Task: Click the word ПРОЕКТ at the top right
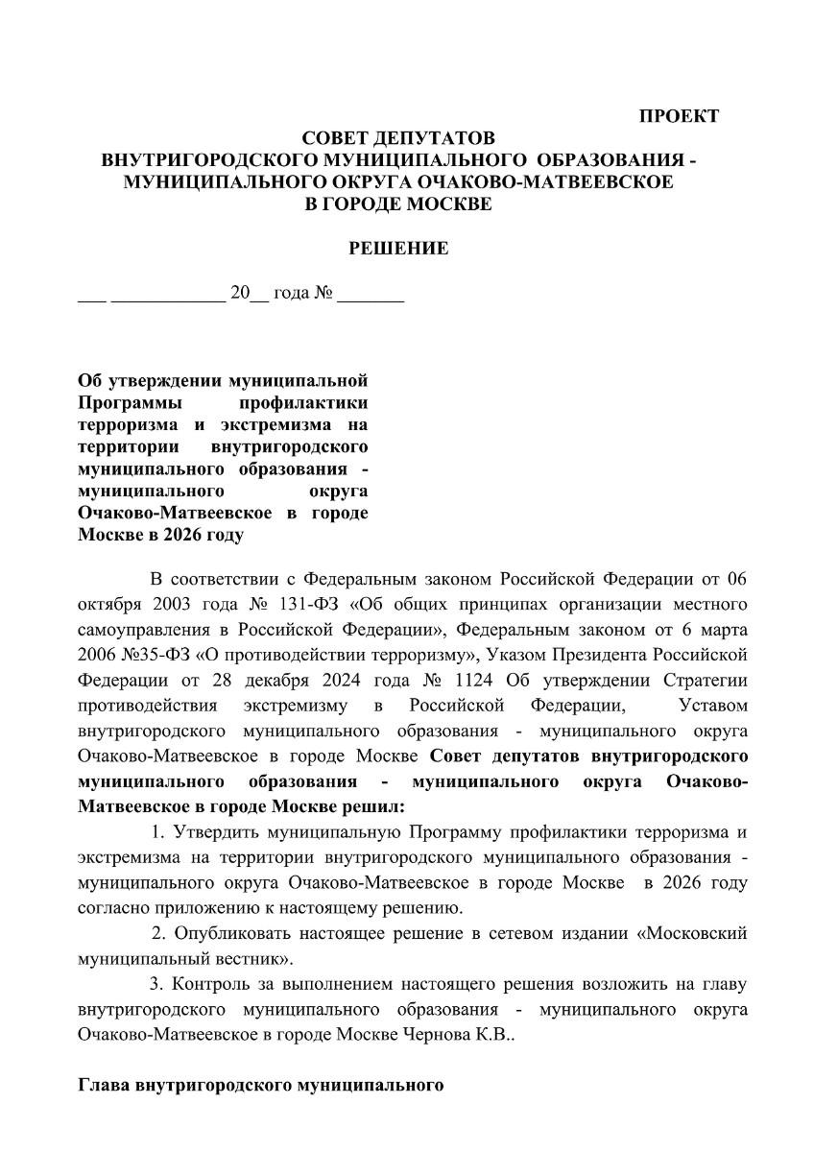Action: coord(679,117)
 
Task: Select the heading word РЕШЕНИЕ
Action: coord(397,249)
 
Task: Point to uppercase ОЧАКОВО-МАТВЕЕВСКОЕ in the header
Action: coord(564,181)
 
